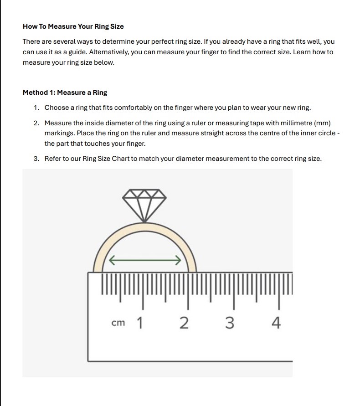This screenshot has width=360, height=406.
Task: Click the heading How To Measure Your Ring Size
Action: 73,26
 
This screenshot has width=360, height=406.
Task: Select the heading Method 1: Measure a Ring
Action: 65,93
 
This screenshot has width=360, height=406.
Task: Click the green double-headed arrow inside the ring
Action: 145,261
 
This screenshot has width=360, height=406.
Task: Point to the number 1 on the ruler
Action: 139,323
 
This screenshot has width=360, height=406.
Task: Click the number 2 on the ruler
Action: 184,323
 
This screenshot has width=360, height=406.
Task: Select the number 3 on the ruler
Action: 230,323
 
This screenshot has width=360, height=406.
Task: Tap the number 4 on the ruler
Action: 276,323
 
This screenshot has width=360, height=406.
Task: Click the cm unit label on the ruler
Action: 118,323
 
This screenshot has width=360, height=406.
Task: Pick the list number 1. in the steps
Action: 36,108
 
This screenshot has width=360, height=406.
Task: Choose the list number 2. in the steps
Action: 36,123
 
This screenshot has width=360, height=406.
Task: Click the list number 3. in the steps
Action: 36,159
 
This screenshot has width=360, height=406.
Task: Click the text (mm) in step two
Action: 322,123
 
